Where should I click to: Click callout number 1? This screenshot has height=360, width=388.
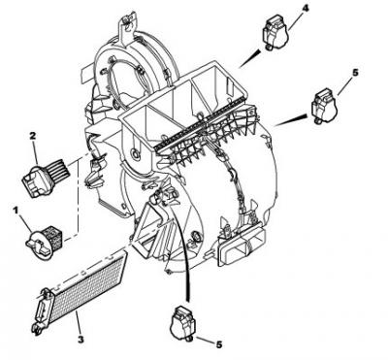(15, 211)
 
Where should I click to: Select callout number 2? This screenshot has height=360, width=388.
(32, 137)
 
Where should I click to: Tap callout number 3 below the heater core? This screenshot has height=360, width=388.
(81, 340)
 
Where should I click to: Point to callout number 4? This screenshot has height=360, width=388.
(305, 9)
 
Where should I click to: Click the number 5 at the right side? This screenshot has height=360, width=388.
(355, 73)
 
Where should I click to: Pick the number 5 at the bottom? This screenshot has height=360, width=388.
(219, 345)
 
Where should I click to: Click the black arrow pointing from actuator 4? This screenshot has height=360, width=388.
(249, 58)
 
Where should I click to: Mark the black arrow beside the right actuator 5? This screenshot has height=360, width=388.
(291, 120)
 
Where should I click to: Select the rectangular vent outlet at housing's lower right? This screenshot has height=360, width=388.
(242, 248)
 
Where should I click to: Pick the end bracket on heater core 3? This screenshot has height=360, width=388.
(40, 310)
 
